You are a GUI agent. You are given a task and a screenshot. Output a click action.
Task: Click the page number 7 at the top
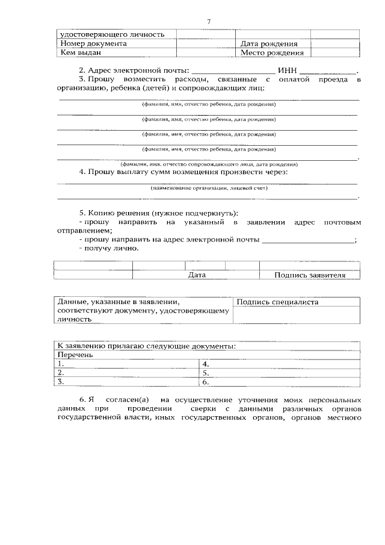tap(208, 22)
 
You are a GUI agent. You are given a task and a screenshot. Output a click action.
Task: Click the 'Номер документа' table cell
tap(94, 44)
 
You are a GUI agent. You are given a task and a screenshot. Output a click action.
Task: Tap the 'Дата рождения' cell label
tap(268, 44)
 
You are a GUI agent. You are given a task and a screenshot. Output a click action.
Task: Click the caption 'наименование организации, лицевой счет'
tap(209, 188)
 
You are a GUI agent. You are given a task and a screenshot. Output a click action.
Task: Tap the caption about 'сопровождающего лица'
tap(209, 164)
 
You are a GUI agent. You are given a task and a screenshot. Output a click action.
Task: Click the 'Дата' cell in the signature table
tap(197, 275)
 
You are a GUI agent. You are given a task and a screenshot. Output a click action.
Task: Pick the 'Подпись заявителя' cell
tap(309, 275)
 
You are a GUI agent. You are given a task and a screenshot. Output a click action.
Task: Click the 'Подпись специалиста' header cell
tap(277, 302)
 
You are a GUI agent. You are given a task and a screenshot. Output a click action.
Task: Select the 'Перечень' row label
tap(75, 355)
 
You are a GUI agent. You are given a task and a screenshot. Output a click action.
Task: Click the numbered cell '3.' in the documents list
tap(61, 381)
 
